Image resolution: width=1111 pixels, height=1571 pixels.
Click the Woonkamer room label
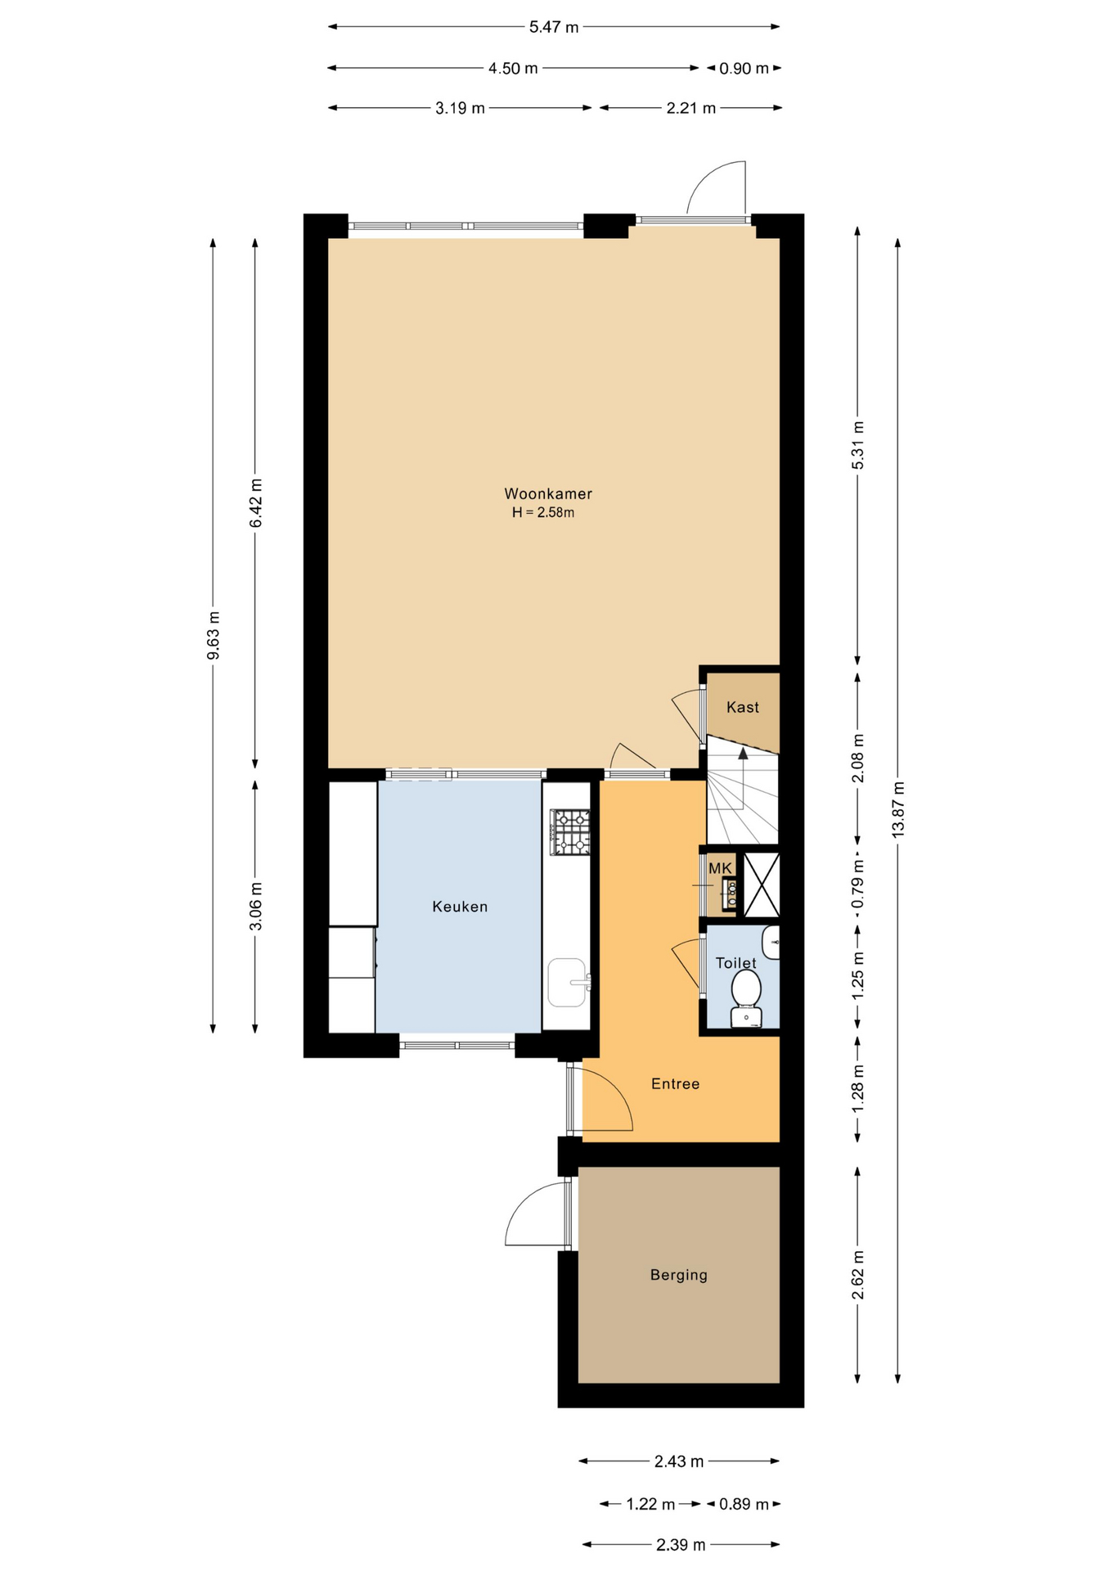click(x=547, y=493)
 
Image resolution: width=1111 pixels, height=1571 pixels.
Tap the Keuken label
click(x=460, y=907)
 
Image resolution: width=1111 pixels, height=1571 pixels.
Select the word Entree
click(x=675, y=1084)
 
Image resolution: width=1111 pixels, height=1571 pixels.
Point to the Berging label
click(x=678, y=1275)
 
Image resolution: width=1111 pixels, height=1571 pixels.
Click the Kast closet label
click(x=743, y=707)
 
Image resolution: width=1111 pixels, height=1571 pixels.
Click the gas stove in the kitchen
click(x=570, y=831)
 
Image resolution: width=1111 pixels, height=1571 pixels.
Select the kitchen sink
click(x=568, y=982)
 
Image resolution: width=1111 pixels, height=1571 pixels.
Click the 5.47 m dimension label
click(x=554, y=27)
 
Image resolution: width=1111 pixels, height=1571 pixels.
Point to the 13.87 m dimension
click(x=898, y=809)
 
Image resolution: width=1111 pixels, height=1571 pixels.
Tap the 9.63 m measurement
click(x=213, y=635)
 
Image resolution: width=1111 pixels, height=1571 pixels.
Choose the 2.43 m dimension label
click(x=679, y=1461)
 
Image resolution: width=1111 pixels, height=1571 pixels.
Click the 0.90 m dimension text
click(x=744, y=69)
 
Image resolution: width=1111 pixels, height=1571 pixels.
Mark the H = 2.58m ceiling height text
click(x=543, y=513)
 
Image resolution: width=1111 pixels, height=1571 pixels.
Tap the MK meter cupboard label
click(x=720, y=868)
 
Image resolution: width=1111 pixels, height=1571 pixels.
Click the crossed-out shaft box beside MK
click(x=762, y=885)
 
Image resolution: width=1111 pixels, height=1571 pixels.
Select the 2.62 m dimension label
click(x=857, y=1275)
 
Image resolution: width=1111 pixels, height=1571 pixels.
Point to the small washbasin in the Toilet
click(x=771, y=943)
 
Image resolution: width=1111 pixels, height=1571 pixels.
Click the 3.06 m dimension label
click(x=255, y=906)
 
